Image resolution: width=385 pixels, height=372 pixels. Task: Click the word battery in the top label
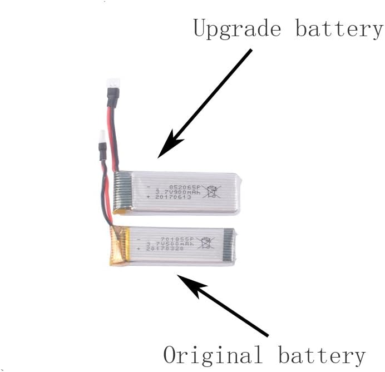pyautogui.click(x=338, y=28)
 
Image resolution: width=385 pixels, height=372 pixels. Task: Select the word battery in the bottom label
pyautogui.click(x=322, y=355)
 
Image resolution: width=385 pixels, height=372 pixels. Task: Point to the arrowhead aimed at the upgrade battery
pyautogui.click(x=169, y=146)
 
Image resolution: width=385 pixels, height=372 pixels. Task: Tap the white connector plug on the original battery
pyautogui.click(x=102, y=136)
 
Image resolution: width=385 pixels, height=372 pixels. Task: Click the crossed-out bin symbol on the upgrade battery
pyautogui.click(x=211, y=191)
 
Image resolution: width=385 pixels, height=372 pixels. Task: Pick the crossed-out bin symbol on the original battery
pyautogui.click(x=206, y=243)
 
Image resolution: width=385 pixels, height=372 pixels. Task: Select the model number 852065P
pyautogui.click(x=176, y=187)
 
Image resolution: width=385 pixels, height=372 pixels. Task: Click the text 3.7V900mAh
pyautogui.click(x=174, y=192)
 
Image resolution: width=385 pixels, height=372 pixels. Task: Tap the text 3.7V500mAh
pyautogui.click(x=170, y=244)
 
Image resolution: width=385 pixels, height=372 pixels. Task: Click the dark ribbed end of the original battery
pyautogui.click(x=228, y=245)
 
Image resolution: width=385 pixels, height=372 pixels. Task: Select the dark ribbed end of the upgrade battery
pyautogui.click(x=122, y=192)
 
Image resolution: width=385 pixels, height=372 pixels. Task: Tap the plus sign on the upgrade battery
pyautogui.click(x=148, y=197)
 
